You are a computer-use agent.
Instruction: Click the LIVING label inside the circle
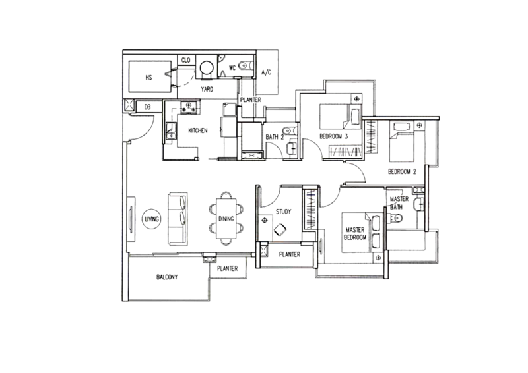tap(152, 219)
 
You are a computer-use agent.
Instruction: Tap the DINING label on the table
tap(226, 219)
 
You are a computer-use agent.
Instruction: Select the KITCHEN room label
tap(197, 130)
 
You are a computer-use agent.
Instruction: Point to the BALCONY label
tap(167, 277)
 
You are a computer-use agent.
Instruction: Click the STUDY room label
tap(283, 212)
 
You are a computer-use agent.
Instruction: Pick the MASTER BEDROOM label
tap(355, 233)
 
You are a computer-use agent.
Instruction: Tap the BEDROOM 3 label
tap(333, 136)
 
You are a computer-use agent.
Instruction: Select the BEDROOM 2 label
tap(402, 171)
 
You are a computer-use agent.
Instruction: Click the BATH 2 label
tap(275, 137)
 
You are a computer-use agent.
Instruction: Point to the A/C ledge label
tap(267, 72)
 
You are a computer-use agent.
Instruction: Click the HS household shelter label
tap(149, 77)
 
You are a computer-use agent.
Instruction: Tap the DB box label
tap(147, 107)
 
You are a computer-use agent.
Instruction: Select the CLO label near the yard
tap(186, 60)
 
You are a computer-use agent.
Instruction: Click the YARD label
tap(207, 89)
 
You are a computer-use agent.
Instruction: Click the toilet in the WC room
tap(246, 65)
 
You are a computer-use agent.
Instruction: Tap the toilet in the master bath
tap(395, 219)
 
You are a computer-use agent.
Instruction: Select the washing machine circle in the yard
tap(207, 68)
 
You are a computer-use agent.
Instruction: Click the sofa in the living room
tap(178, 219)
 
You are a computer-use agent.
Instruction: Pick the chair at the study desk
tap(280, 230)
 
